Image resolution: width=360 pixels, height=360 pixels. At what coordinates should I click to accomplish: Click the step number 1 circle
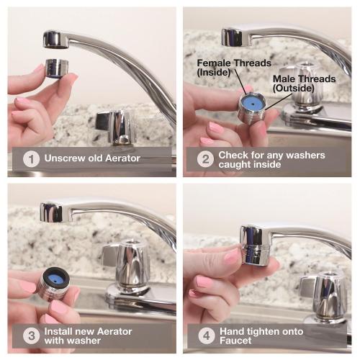point(31,159)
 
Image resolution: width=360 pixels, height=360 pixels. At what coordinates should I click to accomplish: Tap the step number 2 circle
point(205,159)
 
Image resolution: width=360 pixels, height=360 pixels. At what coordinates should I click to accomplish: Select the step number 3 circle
point(31,336)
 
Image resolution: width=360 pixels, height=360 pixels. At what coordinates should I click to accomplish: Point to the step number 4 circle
point(207,336)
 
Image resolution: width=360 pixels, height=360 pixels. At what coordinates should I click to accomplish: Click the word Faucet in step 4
point(235,341)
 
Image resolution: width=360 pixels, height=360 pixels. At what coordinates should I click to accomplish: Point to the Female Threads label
point(234,68)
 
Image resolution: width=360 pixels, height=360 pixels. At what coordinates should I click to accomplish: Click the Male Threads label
point(304,84)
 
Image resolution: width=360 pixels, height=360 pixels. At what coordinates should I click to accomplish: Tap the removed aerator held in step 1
point(57,68)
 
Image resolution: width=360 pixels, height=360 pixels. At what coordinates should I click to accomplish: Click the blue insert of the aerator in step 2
point(253,104)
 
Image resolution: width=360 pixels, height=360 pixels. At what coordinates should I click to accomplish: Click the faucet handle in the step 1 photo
point(114,127)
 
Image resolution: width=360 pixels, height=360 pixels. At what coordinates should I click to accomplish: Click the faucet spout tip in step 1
point(56,40)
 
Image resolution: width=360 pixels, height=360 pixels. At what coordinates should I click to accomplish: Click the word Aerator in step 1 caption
point(122,158)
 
